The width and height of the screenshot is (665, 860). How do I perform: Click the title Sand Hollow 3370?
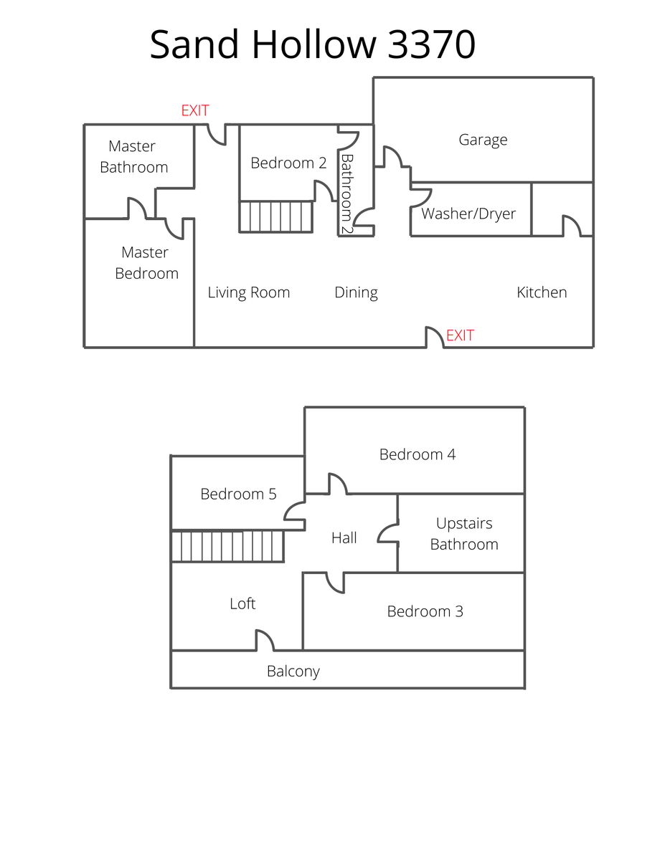point(312,44)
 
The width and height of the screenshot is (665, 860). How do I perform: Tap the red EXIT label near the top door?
point(194,110)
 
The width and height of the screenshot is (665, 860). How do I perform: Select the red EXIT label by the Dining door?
point(460,335)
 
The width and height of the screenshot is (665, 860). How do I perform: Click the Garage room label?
point(483,140)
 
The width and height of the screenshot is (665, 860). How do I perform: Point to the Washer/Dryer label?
point(468,214)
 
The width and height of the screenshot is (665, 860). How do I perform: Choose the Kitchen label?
point(542,292)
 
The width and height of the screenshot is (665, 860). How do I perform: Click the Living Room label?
point(248,292)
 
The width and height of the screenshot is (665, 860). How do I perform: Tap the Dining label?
point(356,292)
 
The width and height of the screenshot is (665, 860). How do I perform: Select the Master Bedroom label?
point(146,263)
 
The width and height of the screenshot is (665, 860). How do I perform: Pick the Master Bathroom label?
point(133,157)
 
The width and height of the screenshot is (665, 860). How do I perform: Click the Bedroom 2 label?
point(288,163)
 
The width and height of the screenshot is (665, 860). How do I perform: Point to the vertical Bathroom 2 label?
point(347,193)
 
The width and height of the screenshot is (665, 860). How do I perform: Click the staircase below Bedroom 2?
point(276,216)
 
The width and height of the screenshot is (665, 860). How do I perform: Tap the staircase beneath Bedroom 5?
point(228,546)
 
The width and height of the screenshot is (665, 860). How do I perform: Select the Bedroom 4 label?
point(418,454)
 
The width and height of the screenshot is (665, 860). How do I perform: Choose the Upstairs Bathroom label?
point(464,534)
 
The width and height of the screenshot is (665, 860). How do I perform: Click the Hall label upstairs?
point(344,538)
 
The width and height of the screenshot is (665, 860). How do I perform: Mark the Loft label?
point(242,604)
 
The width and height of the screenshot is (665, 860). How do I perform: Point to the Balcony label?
point(293,672)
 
